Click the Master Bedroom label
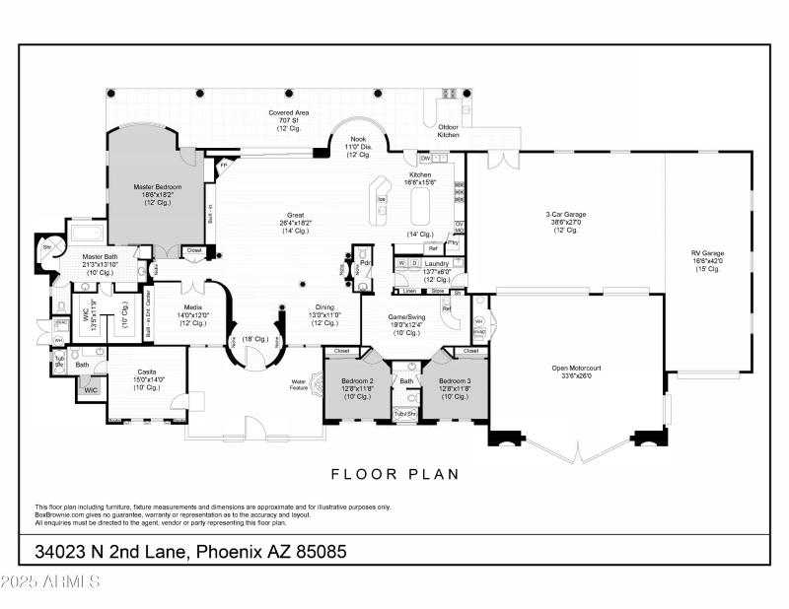tap(154, 185)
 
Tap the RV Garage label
tap(707, 253)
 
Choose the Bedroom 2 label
tap(357, 380)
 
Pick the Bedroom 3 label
tap(454, 380)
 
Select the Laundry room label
tap(436, 264)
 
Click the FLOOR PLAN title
tap(394, 474)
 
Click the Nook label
tap(358, 139)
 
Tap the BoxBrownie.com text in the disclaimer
tap(63, 513)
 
